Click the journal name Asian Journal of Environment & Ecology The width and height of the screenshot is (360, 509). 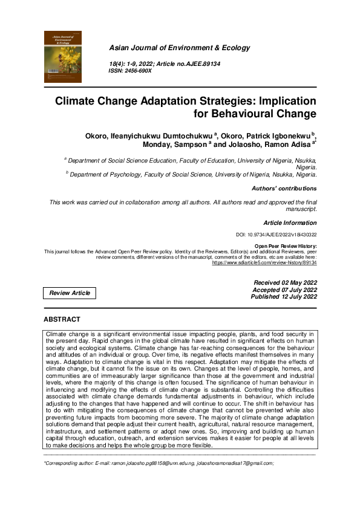[179, 48]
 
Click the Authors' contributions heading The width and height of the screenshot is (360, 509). [284, 189]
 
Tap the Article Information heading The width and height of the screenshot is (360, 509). [290, 222]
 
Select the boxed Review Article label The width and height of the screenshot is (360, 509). [70, 293]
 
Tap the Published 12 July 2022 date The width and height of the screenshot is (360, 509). [284, 297]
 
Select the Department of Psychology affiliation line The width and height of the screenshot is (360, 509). [193, 174]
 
